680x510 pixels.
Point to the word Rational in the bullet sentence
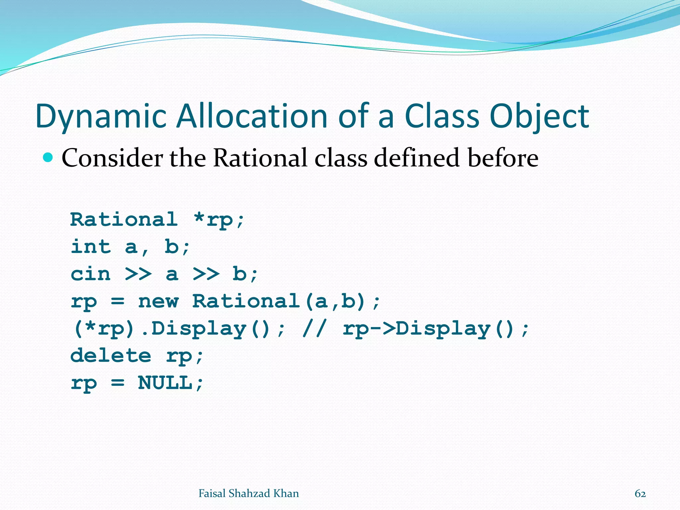pyautogui.click(x=260, y=158)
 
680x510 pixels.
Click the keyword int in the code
pyautogui.click(x=91, y=247)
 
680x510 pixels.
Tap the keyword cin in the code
pyautogui.click(x=91, y=274)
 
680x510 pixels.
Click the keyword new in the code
pyautogui.click(x=158, y=301)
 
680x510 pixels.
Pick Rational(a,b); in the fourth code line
pyautogui.click(x=286, y=301)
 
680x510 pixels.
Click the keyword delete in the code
pyautogui.click(x=111, y=356)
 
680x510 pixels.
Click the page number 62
pyautogui.click(x=640, y=494)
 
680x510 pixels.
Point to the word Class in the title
pyautogui.click(x=442, y=116)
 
